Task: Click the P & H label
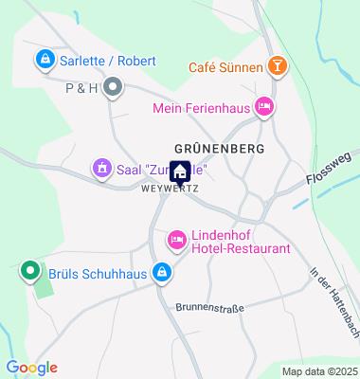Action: [x=82, y=89]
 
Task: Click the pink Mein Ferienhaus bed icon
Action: [x=264, y=108]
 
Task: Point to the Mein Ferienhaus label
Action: [x=203, y=108]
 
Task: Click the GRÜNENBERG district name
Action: [x=218, y=149]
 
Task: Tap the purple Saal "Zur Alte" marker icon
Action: [x=101, y=169]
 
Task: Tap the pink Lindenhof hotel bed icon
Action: [x=176, y=241]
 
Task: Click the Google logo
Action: [x=31, y=368]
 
